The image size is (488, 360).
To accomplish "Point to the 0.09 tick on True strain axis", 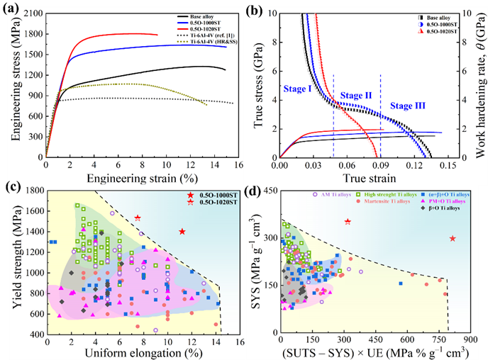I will [381, 164].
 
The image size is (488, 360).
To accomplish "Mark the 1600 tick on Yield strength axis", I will [31, 211].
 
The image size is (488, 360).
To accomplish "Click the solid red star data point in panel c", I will [182, 232].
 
